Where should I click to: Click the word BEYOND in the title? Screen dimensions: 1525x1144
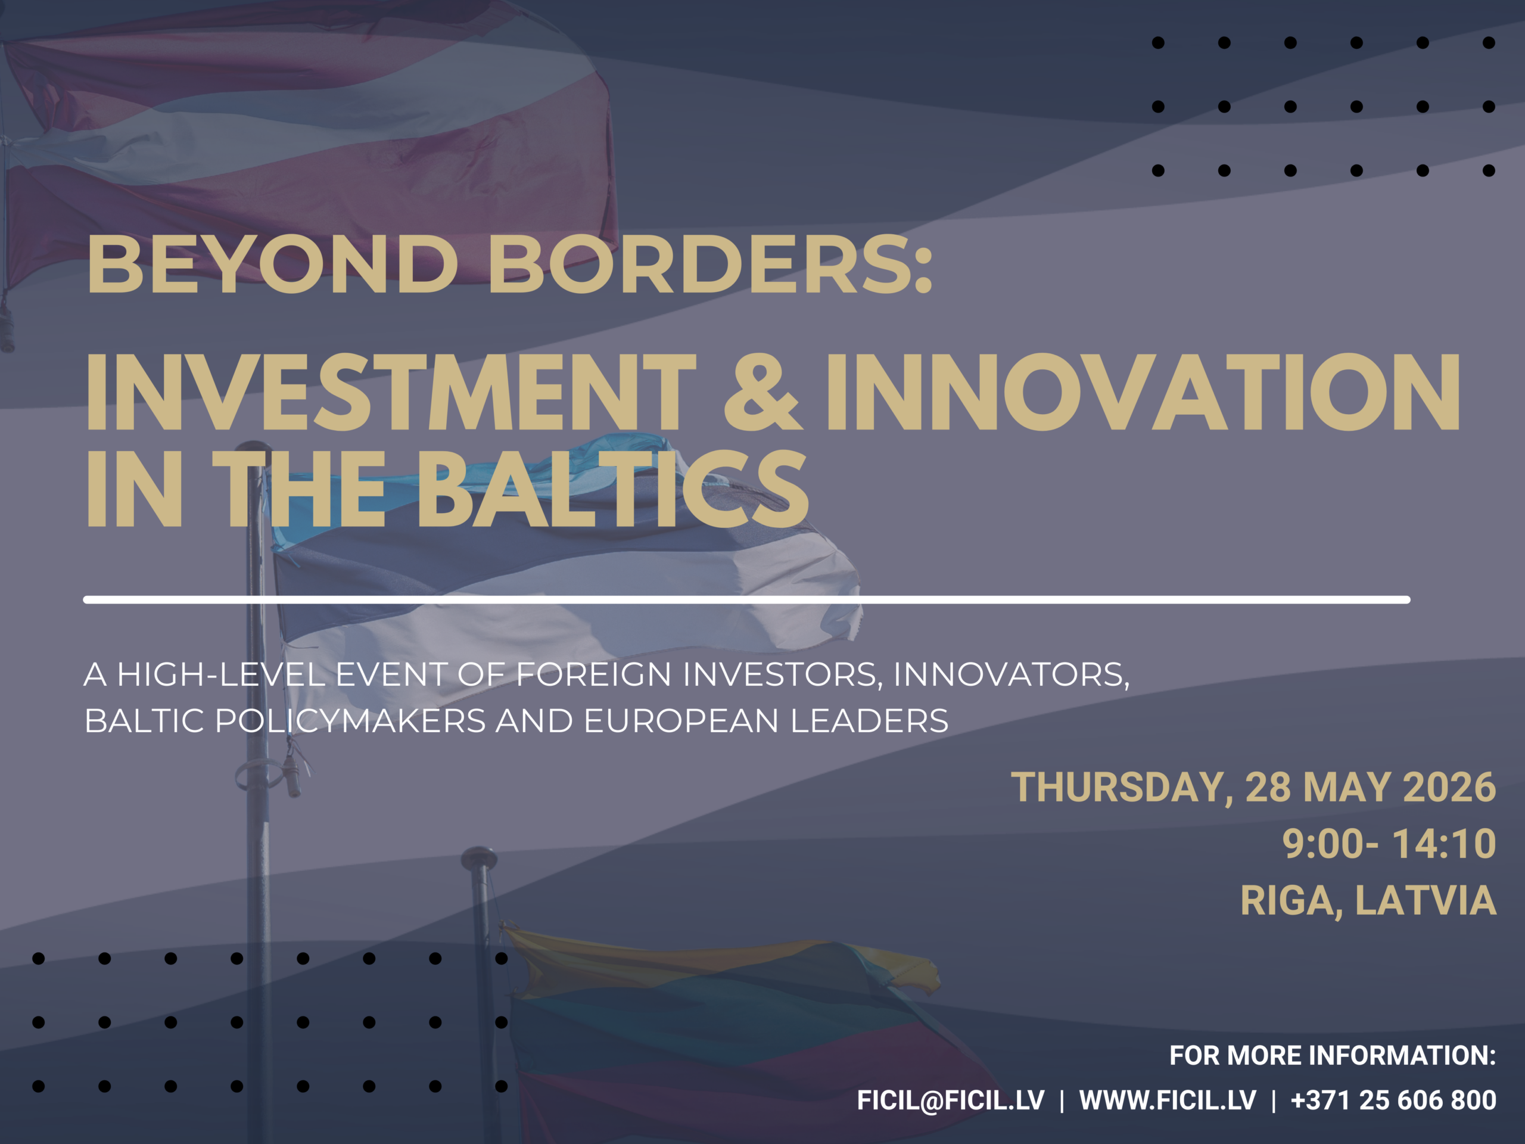point(272,263)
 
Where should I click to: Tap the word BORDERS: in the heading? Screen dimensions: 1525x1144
point(711,263)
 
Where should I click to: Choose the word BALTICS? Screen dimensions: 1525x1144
point(612,488)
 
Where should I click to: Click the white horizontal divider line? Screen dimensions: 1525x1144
point(746,600)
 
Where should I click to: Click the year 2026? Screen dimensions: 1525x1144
point(1449,787)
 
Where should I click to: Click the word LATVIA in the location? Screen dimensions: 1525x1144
point(1426,900)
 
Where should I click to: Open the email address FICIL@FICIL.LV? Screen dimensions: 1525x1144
point(951,1101)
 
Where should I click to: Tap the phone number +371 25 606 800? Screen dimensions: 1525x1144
point(1393,1100)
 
